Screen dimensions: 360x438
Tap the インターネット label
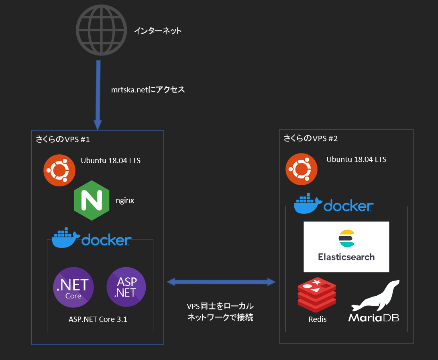[x=158, y=31]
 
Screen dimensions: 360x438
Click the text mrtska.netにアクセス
[x=148, y=90]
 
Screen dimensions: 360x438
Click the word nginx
[x=124, y=200]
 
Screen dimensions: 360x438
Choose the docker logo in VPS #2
[x=334, y=204]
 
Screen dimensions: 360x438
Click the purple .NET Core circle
[x=73, y=286]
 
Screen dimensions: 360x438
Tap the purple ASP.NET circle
[x=126, y=287]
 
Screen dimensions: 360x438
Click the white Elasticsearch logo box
[x=346, y=247]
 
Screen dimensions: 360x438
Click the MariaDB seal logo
[x=374, y=301]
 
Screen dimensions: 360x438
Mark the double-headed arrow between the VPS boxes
[x=221, y=282]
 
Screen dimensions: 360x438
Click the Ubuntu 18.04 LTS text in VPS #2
[x=356, y=160]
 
